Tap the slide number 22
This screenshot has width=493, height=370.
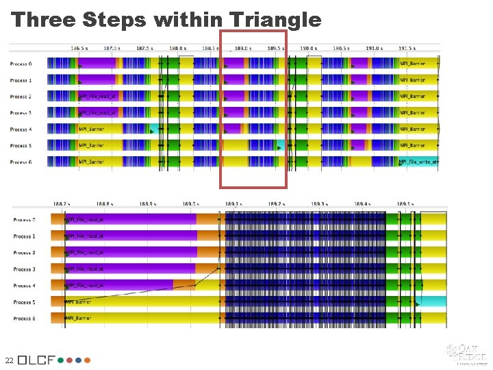(x=8, y=360)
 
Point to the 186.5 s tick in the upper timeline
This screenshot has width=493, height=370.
(x=79, y=49)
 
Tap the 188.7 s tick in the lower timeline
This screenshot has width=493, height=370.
(x=62, y=203)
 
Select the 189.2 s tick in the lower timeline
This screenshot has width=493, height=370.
(x=275, y=203)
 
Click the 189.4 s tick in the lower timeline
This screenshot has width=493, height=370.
(x=362, y=203)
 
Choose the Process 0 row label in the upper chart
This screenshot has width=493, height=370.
(x=21, y=64)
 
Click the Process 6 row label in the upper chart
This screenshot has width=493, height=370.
(x=21, y=162)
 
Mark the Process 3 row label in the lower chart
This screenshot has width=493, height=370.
(x=24, y=269)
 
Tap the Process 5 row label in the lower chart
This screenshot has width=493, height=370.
(x=24, y=302)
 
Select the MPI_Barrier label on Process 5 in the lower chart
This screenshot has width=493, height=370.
(x=79, y=301)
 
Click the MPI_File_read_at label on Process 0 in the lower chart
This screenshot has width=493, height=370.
(x=85, y=220)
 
